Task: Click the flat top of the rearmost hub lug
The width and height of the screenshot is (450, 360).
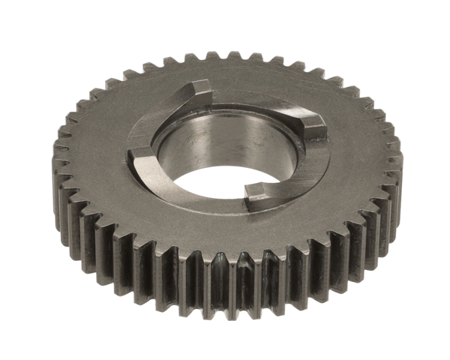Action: pyautogui.click(x=196, y=88)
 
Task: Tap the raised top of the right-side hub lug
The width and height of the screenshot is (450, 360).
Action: pyautogui.click(x=312, y=121)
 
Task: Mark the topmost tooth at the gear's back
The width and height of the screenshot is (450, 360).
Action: pyautogui.click(x=225, y=58)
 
